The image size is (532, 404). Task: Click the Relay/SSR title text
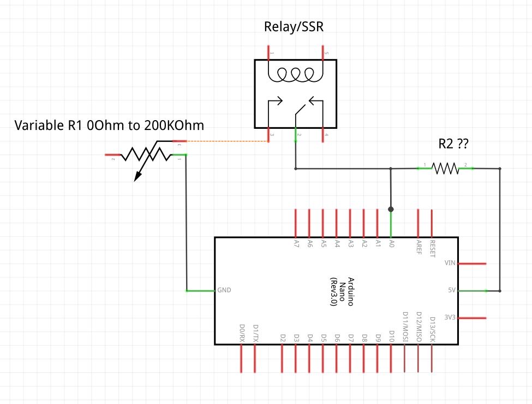tap(294, 27)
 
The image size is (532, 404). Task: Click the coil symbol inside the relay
tap(295, 74)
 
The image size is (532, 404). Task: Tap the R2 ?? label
tap(454, 144)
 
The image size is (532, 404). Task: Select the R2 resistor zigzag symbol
tap(446, 168)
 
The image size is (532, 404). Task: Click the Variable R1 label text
tap(109, 126)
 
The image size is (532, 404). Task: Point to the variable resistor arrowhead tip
tap(136, 179)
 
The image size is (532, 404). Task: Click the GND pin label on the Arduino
tap(224, 290)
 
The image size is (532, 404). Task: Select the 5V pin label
tap(451, 290)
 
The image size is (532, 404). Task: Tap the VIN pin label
tap(450, 263)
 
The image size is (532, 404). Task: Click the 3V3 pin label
tap(450, 317)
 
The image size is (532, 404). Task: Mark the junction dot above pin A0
tap(391, 209)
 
